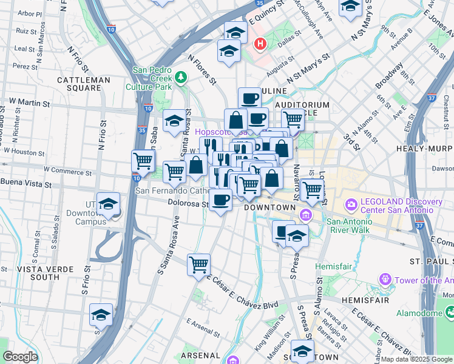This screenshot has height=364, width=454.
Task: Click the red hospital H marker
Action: (x=261, y=44)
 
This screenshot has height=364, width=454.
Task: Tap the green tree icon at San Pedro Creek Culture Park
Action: (x=181, y=78)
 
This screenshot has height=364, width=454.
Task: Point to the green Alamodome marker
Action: (x=449, y=312)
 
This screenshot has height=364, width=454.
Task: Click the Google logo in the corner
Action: (x=20, y=357)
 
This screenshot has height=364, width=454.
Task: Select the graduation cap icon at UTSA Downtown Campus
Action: (x=109, y=204)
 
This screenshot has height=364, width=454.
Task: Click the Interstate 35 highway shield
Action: (x=141, y=129)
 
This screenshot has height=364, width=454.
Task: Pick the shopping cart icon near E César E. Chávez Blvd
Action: (x=198, y=265)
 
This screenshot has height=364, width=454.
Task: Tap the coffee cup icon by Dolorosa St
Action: (x=221, y=198)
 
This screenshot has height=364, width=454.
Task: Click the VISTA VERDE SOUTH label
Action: (x=38, y=272)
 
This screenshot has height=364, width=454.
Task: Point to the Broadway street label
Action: (x=389, y=75)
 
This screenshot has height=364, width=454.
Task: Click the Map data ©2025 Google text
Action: (x=416, y=359)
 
